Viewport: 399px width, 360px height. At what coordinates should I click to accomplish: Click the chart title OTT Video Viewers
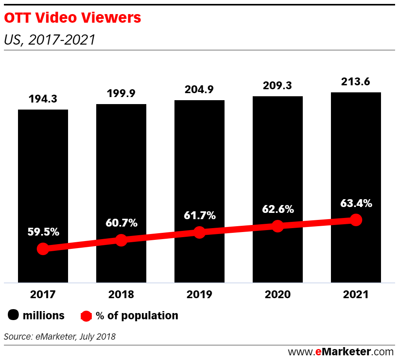[72, 18]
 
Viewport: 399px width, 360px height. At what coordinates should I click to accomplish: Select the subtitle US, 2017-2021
[49, 40]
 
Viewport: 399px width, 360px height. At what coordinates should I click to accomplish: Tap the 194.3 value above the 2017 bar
[43, 99]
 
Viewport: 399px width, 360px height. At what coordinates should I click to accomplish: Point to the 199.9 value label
[121, 94]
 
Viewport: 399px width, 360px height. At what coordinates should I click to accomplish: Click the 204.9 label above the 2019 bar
[199, 90]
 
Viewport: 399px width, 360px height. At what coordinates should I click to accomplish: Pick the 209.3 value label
[278, 85]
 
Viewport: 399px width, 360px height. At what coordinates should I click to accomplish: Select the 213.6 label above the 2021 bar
[356, 82]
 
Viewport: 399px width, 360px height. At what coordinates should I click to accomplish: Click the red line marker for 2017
[43, 248]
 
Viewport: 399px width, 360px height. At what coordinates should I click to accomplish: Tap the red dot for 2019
[199, 232]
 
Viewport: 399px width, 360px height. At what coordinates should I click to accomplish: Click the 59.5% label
[43, 232]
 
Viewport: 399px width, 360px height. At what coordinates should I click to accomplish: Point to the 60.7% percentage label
[121, 223]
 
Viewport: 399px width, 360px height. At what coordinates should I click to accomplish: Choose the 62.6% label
[278, 209]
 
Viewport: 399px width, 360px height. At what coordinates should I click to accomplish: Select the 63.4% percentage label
[356, 203]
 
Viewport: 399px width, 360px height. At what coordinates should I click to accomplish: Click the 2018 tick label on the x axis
[121, 295]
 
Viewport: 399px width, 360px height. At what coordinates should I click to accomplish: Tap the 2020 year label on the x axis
[278, 295]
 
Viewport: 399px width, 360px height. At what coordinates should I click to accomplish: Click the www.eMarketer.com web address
[340, 351]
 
